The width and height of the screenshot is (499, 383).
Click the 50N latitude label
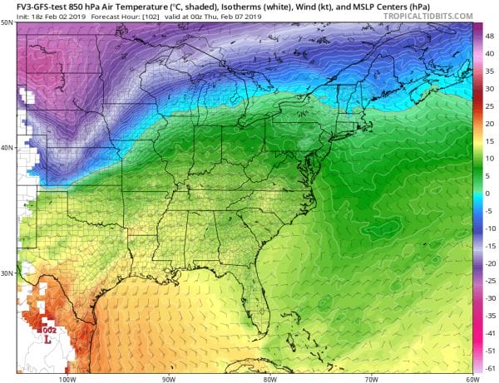[x=7, y=22]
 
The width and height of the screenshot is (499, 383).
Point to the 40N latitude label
[x=7, y=148]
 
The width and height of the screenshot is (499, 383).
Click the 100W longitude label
[x=67, y=377]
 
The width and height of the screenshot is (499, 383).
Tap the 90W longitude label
[x=168, y=377]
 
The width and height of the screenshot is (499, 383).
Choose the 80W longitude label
[x=269, y=377]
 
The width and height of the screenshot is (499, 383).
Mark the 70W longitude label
[x=369, y=377]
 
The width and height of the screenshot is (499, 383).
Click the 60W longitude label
[x=470, y=377]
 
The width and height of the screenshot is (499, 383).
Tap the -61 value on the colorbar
[x=489, y=367]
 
